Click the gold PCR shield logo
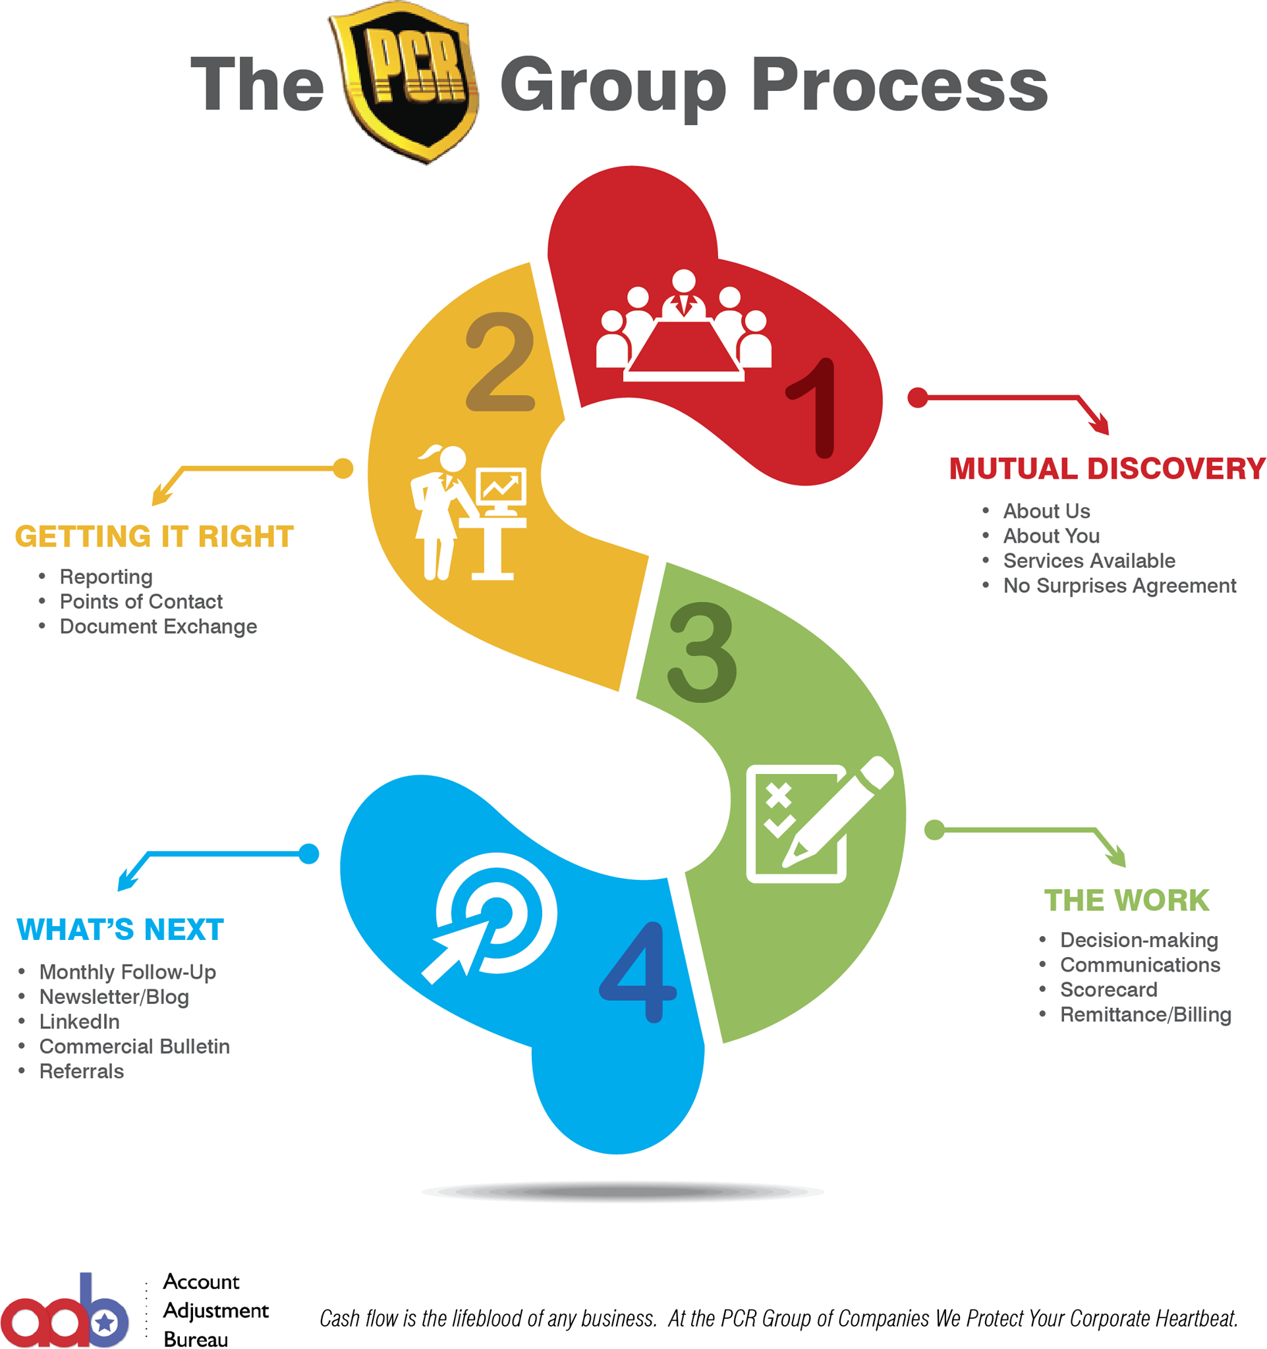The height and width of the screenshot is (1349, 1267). click(x=405, y=82)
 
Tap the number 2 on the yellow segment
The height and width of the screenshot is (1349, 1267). click(x=501, y=362)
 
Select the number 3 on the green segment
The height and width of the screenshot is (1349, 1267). click(x=702, y=652)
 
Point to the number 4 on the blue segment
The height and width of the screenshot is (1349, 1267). click(x=638, y=972)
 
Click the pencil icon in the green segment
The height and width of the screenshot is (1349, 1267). click(x=838, y=811)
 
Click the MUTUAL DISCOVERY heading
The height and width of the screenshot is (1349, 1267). click(x=1108, y=469)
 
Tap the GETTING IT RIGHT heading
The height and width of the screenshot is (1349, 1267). click(x=155, y=537)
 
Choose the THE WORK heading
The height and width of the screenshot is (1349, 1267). click(x=1127, y=900)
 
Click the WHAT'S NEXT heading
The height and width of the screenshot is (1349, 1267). click(x=120, y=929)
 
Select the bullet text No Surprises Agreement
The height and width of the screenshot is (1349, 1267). click(x=1119, y=586)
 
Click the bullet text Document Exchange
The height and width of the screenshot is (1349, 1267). click(x=159, y=626)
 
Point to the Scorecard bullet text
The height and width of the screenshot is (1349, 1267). click(x=1109, y=989)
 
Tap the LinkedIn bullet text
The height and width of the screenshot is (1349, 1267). click(x=80, y=1021)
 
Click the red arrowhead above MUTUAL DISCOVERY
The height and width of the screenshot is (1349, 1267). click(x=1100, y=425)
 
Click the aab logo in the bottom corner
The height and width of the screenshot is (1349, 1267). click(x=65, y=1310)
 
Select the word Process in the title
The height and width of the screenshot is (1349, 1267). click(x=900, y=85)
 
